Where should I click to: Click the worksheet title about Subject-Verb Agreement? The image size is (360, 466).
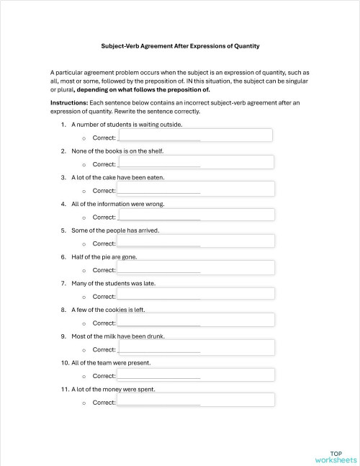point(180,46)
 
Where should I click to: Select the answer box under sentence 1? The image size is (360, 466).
point(195,135)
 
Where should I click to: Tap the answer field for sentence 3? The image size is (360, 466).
point(195,189)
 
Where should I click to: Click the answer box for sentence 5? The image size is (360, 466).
point(195,241)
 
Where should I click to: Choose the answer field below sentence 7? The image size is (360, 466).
point(195,294)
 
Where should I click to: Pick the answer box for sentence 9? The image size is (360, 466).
point(195,347)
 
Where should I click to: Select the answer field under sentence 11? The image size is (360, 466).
point(195,400)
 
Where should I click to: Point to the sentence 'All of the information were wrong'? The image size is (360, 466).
point(118,204)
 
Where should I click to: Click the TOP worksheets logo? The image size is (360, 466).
point(335,455)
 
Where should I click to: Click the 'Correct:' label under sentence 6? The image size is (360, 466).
point(104,270)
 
